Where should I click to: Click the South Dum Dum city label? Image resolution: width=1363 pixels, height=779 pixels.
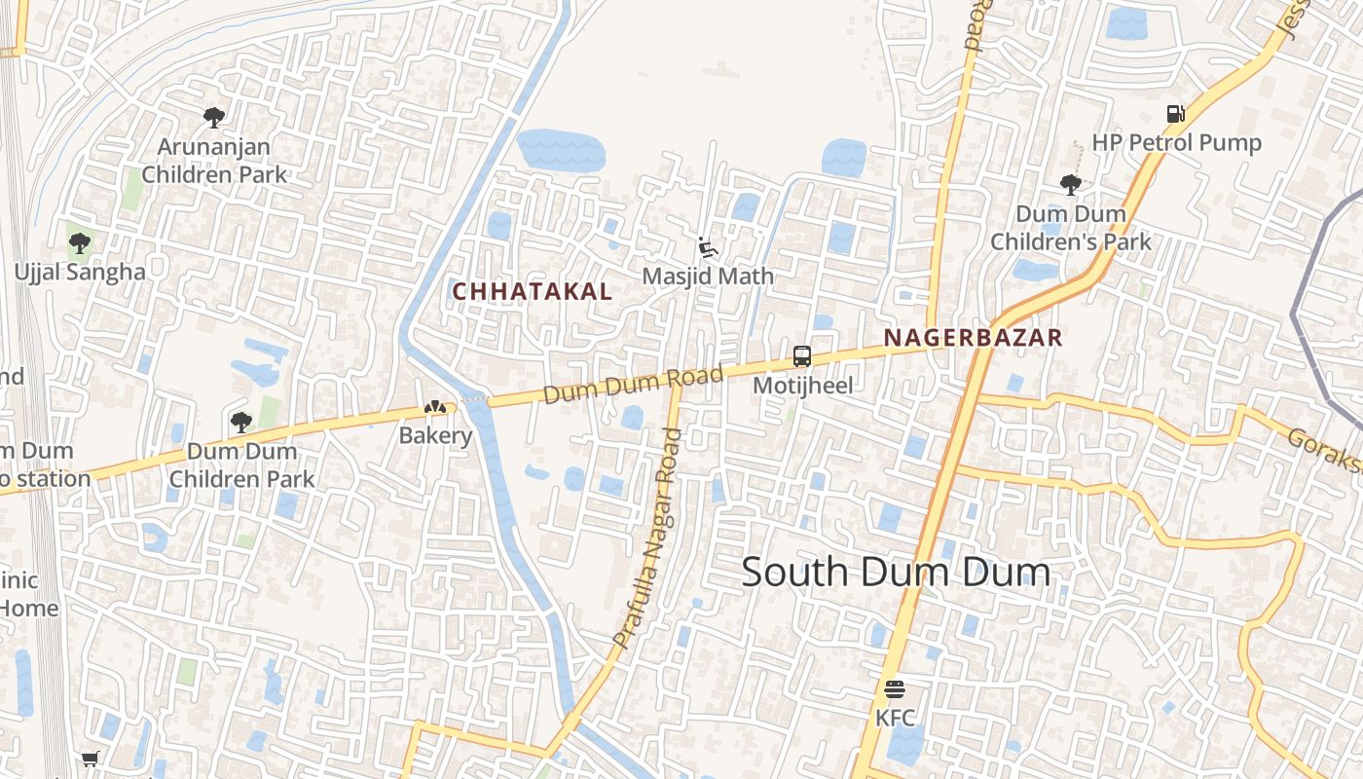[x=896, y=573]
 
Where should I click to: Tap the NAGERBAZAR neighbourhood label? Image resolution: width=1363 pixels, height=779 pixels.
[x=973, y=338]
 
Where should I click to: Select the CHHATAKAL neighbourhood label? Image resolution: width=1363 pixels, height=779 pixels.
[x=533, y=291]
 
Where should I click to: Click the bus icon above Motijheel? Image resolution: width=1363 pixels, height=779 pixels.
[x=802, y=356]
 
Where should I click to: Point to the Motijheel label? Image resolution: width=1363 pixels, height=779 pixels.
[x=803, y=385]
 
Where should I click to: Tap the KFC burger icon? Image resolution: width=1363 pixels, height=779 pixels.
[x=895, y=690]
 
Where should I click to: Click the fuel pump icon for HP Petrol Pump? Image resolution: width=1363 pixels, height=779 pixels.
[x=1176, y=114]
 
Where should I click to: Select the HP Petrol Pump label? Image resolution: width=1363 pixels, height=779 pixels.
[x=1176, y=143]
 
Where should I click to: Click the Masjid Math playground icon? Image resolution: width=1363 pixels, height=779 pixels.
[x=708, y=247]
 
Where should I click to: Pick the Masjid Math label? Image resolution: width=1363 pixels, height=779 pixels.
[x=708, y=276]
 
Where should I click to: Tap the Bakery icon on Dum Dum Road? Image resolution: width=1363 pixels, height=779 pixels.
[x=434, y=407]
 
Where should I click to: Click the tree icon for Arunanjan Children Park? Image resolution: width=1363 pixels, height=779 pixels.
[x=214, y=118]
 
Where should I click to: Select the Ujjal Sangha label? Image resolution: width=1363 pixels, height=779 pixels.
[x=80, y=272]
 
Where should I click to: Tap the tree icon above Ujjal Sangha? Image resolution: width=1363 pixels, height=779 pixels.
[x=80, y=242]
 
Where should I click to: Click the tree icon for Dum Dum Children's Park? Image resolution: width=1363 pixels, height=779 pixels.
[x=1070, y=184]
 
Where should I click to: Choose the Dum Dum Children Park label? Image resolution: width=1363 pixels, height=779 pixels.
[x=241, y=464]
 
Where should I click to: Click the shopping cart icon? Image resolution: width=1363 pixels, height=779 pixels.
[x=91, y=759]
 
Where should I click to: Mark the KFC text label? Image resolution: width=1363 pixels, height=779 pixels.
[x=895, y=718]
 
